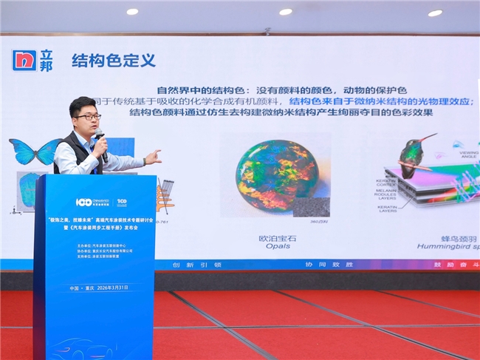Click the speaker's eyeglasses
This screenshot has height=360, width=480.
[87, 117]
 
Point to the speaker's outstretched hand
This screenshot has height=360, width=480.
[153, 157]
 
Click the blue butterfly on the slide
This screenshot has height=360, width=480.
[34, 152]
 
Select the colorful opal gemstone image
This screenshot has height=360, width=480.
[277, 176]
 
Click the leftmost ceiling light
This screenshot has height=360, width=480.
[132, 11]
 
